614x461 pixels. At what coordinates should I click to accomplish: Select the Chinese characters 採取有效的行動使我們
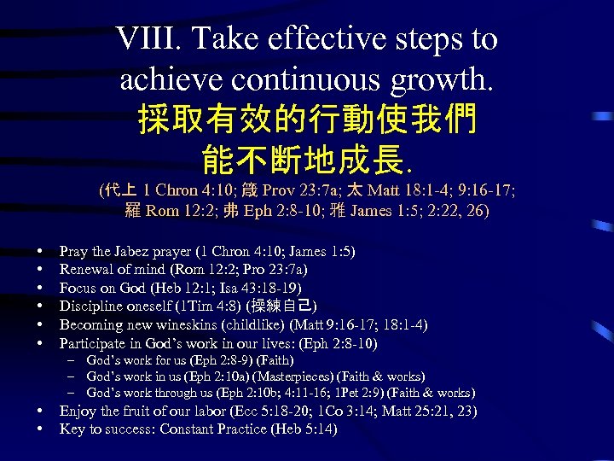point(307,119)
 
